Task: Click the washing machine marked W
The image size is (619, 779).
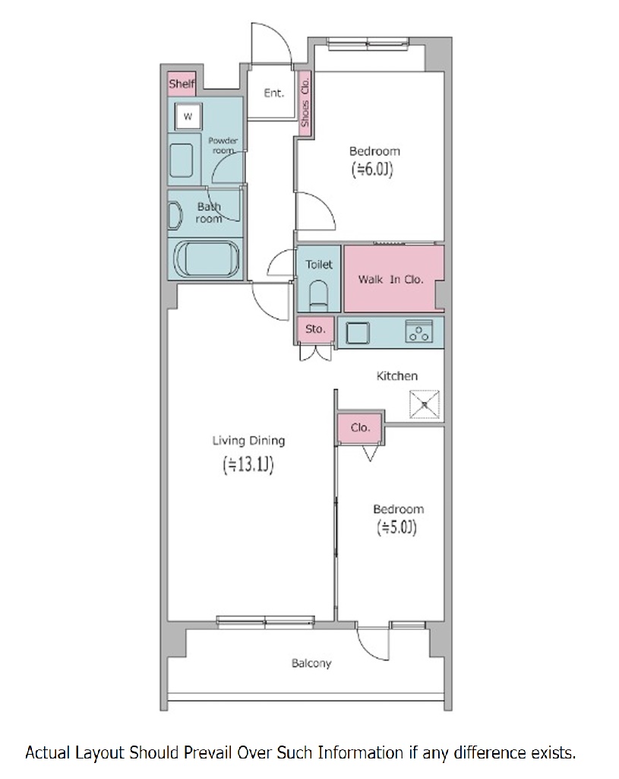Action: point(188,117)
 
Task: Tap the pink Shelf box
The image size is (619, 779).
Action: point(182,84)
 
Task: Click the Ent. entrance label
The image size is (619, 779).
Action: point(273,93)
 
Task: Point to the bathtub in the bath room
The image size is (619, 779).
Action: point(206,258)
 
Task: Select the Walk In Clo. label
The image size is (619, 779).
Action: point(390,279)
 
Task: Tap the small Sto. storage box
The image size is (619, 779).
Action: point(315,329)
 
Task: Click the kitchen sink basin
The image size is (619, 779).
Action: point(358,333)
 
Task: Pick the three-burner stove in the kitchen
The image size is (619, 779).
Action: point(419,331)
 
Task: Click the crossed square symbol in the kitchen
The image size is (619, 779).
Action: point(425,404)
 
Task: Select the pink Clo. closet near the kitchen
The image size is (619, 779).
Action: point(360,427)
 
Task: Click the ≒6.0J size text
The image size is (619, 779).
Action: point(372,169)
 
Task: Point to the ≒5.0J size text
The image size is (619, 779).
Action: point(396,527)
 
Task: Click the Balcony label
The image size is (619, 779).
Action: point(311,663)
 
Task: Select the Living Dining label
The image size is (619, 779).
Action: point(248,441)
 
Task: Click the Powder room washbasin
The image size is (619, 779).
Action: point(181,160)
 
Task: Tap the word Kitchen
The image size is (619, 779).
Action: point(397,376)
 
